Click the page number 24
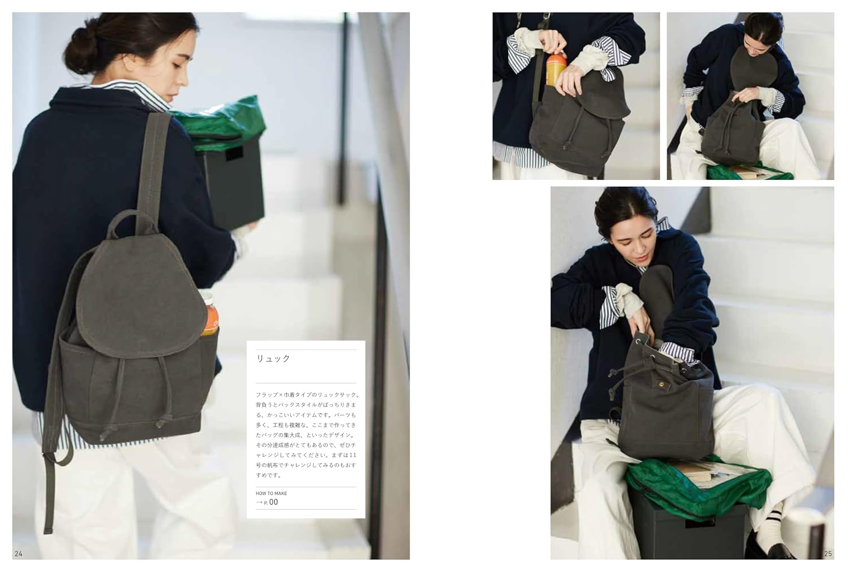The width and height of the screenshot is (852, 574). (x=18, y=554)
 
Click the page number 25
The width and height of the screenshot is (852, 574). (x=828, y=554)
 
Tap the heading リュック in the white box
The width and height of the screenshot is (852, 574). (x=273, y=358)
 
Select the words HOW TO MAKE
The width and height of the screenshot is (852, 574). (x=271, y=493)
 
